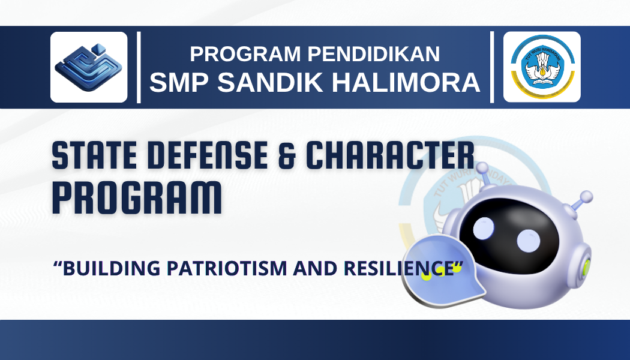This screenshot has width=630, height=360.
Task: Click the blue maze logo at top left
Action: tap(89, 67)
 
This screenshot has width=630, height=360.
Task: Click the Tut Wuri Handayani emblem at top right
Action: tap(542, 67)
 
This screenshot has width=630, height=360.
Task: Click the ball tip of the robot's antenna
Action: tap(586, 197)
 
